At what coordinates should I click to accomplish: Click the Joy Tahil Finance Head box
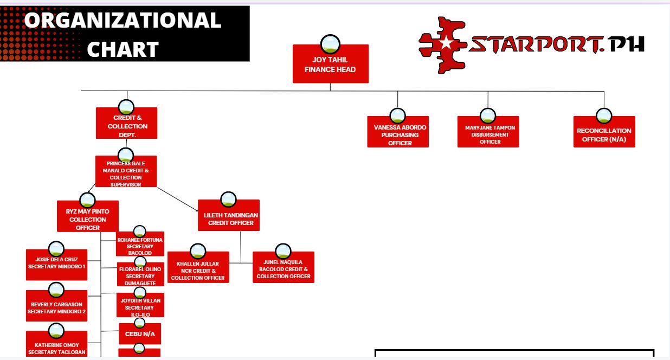330,65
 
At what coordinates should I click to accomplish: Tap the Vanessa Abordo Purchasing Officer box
398,134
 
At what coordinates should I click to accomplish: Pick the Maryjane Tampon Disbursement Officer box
488,134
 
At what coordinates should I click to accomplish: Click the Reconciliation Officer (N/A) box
604,134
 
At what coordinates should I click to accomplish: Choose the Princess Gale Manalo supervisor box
126,173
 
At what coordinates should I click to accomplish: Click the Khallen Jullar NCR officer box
198,270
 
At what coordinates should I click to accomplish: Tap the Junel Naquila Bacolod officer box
284,269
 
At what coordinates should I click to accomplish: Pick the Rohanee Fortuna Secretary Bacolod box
140,246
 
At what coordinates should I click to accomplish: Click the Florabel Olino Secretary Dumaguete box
140,275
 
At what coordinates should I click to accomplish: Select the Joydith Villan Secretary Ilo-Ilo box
140,307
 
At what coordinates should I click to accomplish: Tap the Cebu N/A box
140,334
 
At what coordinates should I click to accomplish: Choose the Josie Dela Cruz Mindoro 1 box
56,266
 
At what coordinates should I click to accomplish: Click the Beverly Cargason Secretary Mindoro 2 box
56,307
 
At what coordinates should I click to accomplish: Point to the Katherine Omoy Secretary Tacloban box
56,347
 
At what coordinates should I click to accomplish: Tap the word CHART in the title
123,49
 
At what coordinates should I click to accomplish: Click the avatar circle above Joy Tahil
330,43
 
